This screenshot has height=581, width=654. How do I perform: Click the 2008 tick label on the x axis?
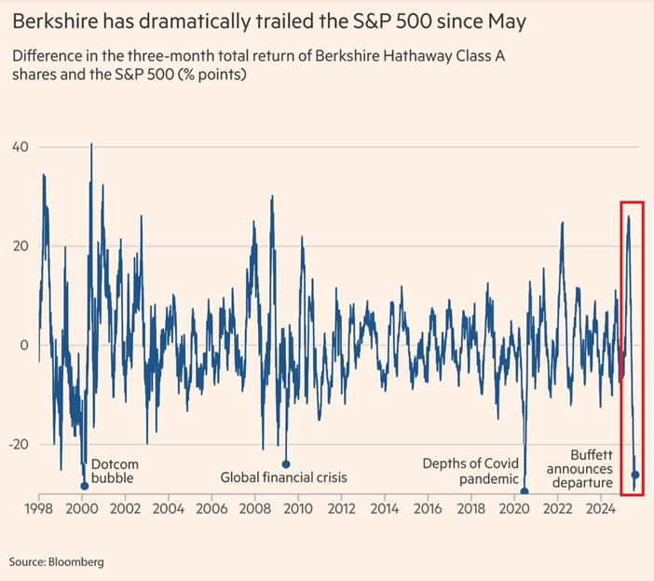(254, 509)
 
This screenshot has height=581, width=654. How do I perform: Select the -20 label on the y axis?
(19, 444)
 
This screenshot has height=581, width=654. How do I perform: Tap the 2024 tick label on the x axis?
(601, 509)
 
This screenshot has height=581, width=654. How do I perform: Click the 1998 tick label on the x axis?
(38, 509)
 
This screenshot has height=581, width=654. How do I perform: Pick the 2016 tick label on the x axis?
(428, 509)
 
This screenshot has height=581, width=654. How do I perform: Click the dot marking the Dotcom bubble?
(85, 486)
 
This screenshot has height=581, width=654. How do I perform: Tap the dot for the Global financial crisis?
(286, 463)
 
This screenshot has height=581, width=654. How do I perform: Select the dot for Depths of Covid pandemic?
(525, 491)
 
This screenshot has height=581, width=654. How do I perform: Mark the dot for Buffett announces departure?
(635, 475)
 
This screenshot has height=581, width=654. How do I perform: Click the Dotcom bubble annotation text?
(112, 471)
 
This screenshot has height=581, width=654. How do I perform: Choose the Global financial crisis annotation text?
(283, 477)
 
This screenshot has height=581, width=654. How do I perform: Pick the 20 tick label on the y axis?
(21, 246)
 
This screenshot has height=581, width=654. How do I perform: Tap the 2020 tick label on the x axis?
(514, 509)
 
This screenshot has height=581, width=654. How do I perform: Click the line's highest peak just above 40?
(91, 145)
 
